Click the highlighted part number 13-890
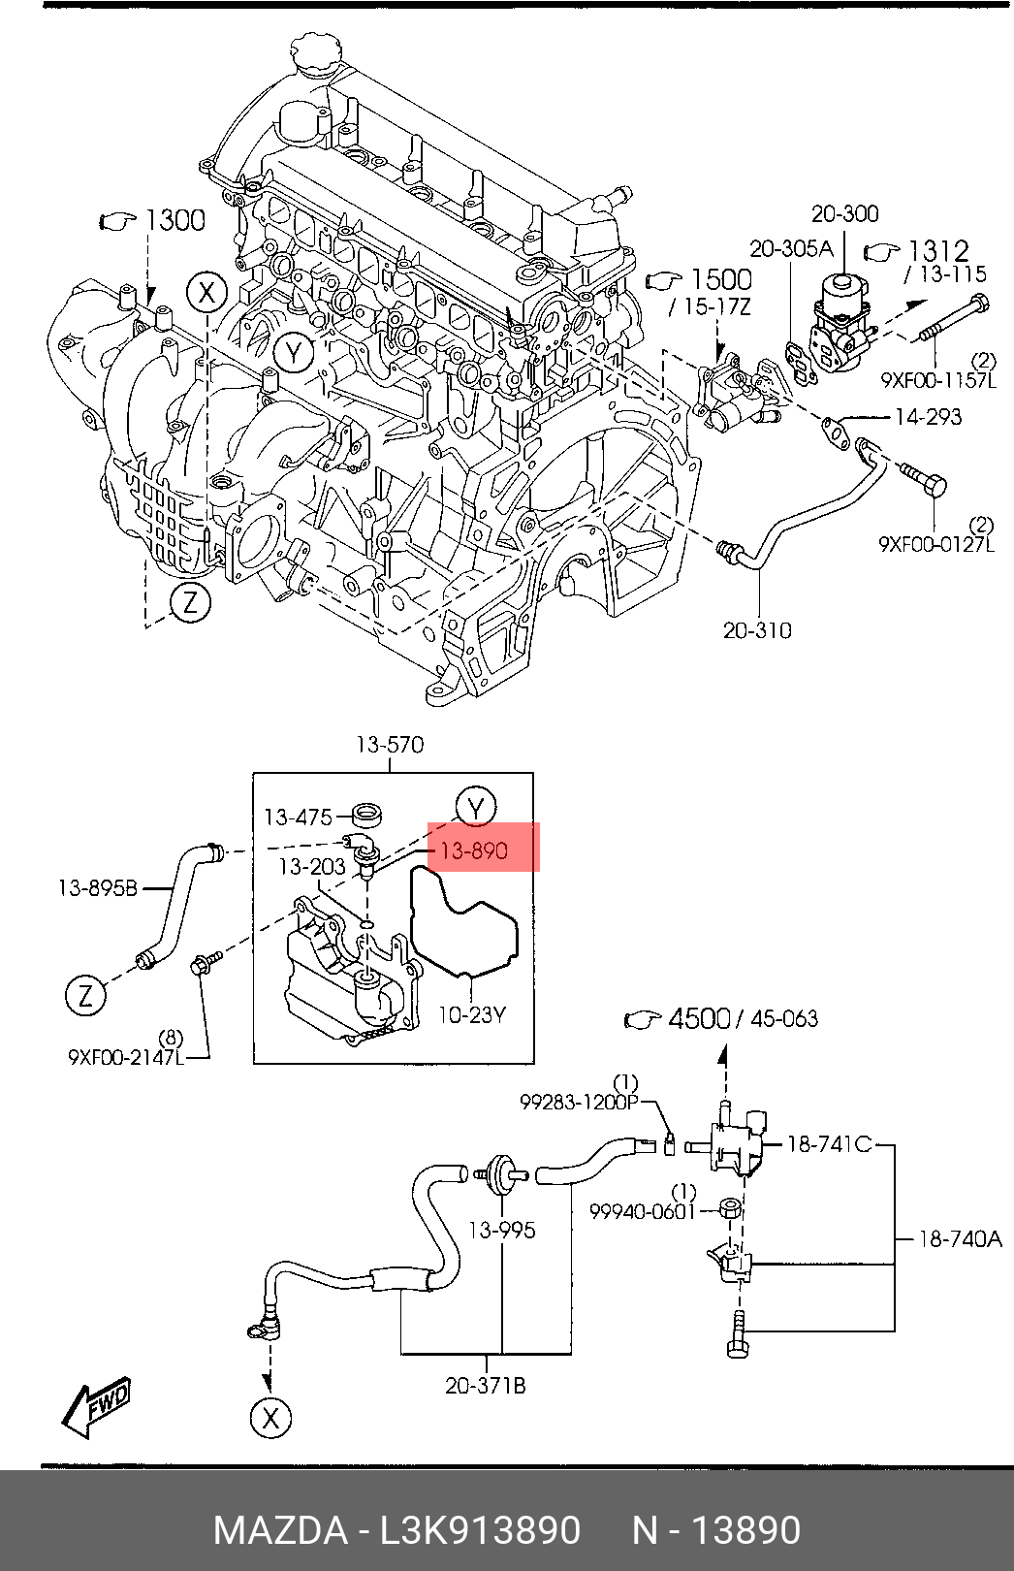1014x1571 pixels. pyautogui.click(x=474, y=850)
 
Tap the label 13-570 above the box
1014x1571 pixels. pyautogui.click(x=390, y=745)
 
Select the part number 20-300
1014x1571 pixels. pyautogui.click(x=844, y=213)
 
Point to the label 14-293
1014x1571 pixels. pyautogui.click(x=928, y=417)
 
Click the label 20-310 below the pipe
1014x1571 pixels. pyautogui.click(x=757, y=630)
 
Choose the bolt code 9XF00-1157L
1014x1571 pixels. pyautogui.click(x=937, y=380)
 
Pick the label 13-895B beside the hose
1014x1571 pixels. pyautogui.click(x=98, y=887)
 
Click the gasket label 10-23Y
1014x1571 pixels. pyautogui.click(x=472, y=1015)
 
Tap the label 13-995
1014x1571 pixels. pyautogui.click(x=501, y=1230)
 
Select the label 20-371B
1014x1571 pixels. pyautogui.click(x=486, y=1386)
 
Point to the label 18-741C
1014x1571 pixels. pyautogui.click(x=829, y=1144)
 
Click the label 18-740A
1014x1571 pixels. pyautogui.click(x=959, y=1238)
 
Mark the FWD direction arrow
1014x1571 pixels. pyautogui.click(x=96, y=1407)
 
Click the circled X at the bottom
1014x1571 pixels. pyautogui.click(x=269, y=1418)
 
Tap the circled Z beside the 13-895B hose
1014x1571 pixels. pyautogui.click(x=85, y=996)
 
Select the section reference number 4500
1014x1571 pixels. pyautogui.click(x=699, y=1018)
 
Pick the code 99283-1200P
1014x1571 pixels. pyautogui.click(x=580, y=1102)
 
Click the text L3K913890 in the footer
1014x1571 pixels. pyautogui.click(x=479, y=1529)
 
